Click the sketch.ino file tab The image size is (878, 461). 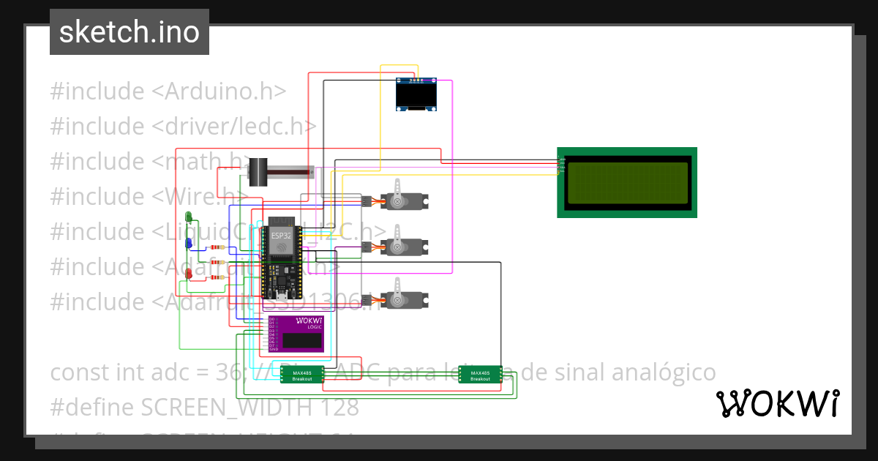pos(129,32)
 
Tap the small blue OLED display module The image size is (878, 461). pos(416,94)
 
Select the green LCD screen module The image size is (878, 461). pos(627,182)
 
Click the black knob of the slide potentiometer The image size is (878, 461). pos(257,173)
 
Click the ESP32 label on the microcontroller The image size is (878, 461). pos(281,236)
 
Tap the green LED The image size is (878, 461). pos(190,217)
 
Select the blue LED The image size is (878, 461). pos(190,242)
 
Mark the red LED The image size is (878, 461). pos(190,274)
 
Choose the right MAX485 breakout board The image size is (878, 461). pos(480,374)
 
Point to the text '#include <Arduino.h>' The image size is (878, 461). pos(168,91)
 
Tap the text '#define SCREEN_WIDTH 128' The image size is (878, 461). pos(205,407)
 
